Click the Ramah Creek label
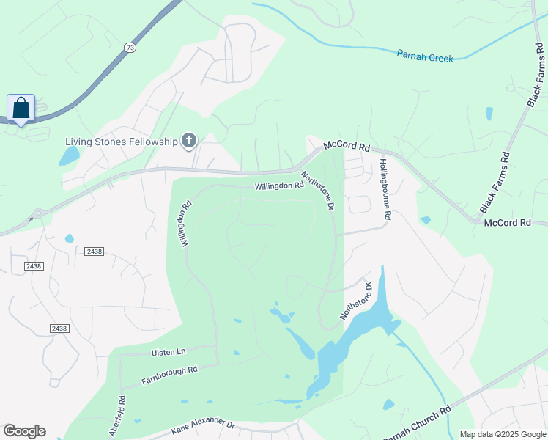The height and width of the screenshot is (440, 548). (x=425, y=56)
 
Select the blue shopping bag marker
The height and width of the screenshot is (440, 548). (x=21, y=109)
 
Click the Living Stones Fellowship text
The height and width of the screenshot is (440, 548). (x=122, y=142)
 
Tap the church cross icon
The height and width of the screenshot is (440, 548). (x=189, y=141)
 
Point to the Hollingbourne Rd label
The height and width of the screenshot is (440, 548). (x=385, y=189)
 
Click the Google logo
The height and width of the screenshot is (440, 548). (x=24, y=431)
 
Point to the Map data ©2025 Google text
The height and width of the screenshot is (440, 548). (x=503, y=434)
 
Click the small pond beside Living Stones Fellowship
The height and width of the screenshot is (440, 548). (x=70, y=155)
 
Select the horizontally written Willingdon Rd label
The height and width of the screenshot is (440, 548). (x=279, y=186)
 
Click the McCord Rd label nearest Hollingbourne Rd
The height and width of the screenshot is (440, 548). (x=347, y=147)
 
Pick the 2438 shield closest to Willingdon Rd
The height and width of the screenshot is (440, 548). (x=95, y=252)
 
